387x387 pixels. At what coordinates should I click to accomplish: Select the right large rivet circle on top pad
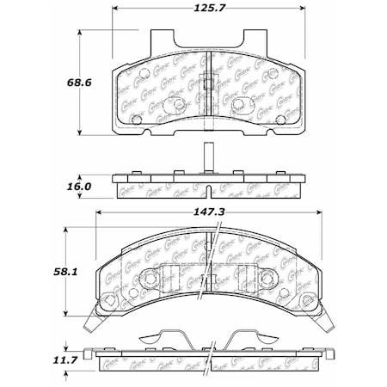point(239,104)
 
